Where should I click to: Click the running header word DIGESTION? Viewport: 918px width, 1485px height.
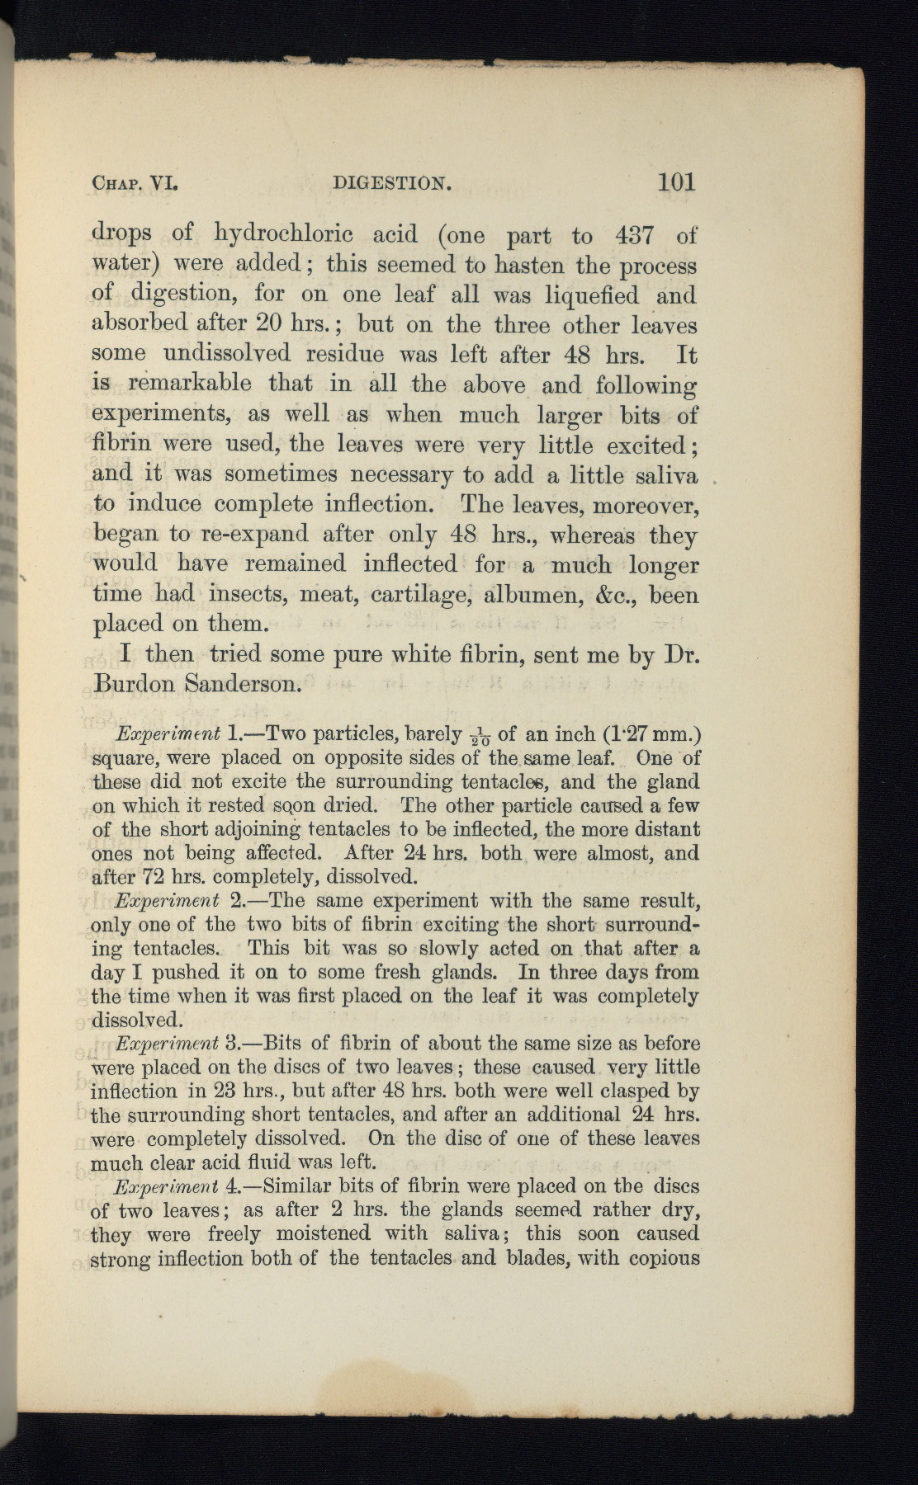click(391, 183)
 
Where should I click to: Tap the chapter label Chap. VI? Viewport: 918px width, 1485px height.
click(135, 183)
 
